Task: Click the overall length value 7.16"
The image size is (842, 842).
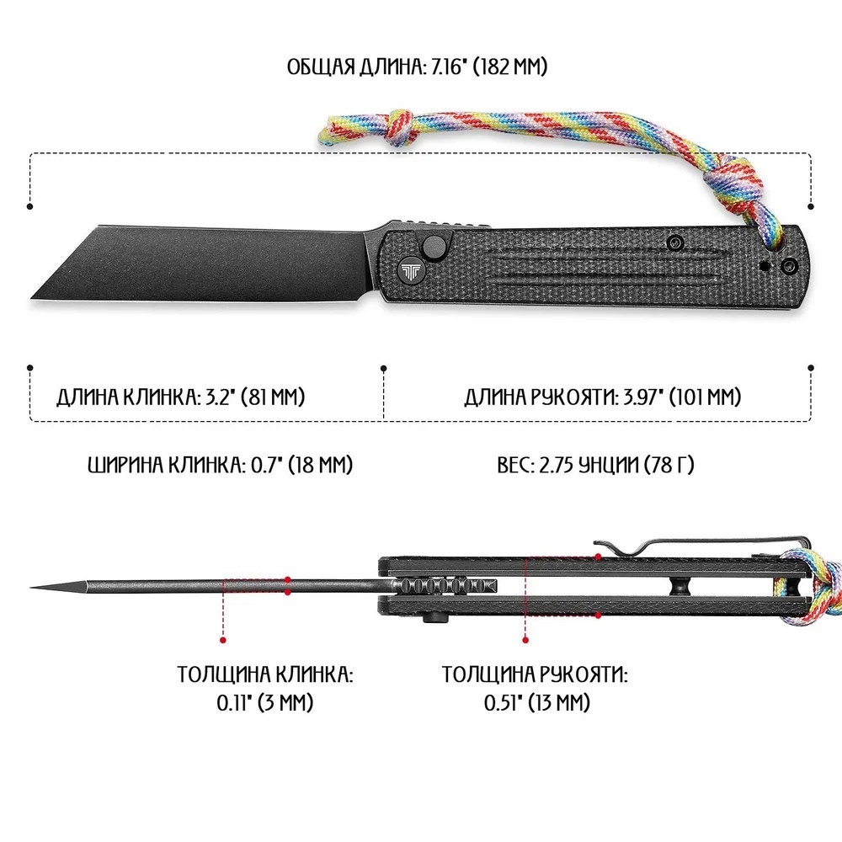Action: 443,67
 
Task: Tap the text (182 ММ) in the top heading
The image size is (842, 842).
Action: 509,67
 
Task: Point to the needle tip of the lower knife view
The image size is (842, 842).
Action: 34,587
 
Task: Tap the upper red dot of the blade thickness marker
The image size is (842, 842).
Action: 287,579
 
